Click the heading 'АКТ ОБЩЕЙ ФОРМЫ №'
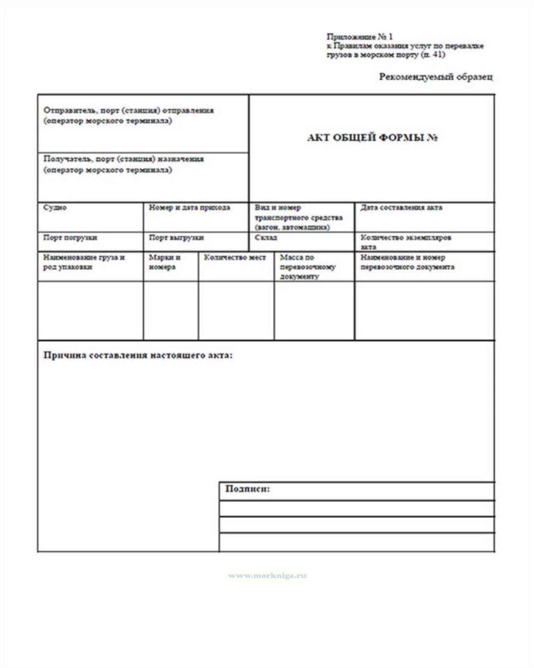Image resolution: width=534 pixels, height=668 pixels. pos(372,138)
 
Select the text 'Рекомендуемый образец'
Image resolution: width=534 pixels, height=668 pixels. pos(435,77)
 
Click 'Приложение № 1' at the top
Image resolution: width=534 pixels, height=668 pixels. pos(360,37)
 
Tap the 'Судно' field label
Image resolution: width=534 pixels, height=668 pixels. pos(55,208)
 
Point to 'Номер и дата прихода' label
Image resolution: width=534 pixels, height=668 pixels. pos(189,208)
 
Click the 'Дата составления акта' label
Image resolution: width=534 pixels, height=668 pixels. pos(401,208)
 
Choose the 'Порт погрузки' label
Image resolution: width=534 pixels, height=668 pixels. pos(70,238)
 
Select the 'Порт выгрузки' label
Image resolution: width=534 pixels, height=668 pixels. pos(176,238)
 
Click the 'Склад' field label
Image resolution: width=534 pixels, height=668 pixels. pos(266,238)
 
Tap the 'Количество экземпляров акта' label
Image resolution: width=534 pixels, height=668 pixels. pos(405,242)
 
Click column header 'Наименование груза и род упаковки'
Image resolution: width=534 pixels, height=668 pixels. pos(84,262)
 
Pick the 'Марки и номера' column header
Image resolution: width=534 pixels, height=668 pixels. pos(165,262)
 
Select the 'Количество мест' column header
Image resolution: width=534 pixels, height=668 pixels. pos(235,258)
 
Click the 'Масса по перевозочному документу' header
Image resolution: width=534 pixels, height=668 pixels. pos(307,267)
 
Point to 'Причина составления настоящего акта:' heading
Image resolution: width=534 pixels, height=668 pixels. pos(138,355)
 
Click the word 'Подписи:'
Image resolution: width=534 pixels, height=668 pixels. pos(248,489)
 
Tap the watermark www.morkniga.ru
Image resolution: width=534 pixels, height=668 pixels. pos(267,576)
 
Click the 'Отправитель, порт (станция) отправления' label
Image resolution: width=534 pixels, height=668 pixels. pos(128,110)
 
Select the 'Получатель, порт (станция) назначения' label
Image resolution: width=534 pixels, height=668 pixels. pos(124,159)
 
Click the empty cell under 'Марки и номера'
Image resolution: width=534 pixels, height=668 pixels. pos(171,310)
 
